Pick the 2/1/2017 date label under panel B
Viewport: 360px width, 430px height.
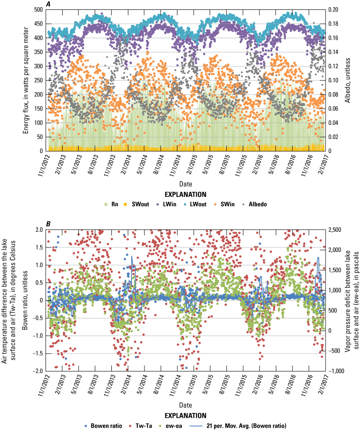(x=322, y=386)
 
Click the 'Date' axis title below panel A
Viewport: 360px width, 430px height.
(x=184, y=184)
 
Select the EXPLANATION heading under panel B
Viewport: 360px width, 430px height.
(x=184, y=415)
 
